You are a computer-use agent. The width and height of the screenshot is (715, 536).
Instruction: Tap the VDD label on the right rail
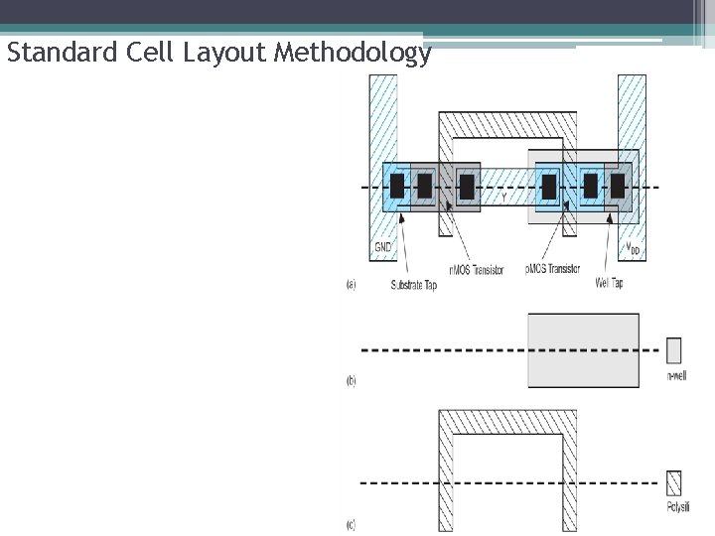[631, 249]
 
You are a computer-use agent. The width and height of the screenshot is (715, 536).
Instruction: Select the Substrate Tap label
[413, 285]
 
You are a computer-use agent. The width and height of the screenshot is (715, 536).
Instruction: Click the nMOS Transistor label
[477, 270]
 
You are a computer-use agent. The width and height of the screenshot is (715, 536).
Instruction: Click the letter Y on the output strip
[503, 198]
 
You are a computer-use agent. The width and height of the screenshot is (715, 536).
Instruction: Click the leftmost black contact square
[397, 186]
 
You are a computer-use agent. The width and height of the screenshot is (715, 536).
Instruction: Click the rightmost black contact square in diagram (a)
[618, 186]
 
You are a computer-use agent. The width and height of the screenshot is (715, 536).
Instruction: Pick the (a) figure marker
[351, 284]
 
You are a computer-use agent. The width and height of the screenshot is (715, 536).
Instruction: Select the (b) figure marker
[351, 380]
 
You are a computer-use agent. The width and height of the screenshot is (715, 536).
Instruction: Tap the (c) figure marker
[351, 524]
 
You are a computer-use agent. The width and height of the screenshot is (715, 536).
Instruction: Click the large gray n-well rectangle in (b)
[583, 350]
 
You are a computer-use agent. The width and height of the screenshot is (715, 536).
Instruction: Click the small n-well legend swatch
[674, 350]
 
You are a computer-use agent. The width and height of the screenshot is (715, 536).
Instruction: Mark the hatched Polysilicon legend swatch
[674, 482]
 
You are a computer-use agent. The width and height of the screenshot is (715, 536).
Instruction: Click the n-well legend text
[675, 376]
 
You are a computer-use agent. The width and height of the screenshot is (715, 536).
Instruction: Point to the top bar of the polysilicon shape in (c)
[506, 420]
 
